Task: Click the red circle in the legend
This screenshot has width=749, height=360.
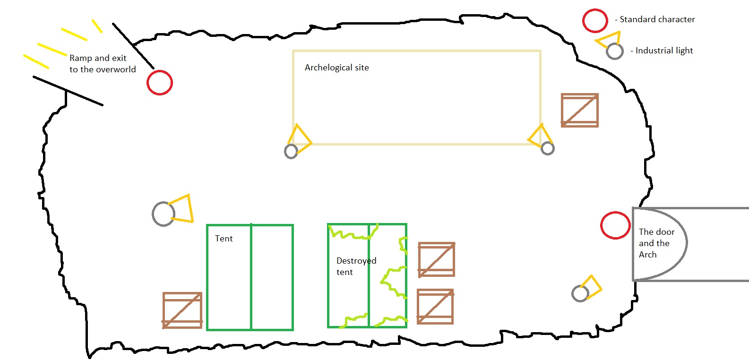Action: pyautogui.click(x=595, y=21)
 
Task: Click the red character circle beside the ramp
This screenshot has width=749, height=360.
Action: pyautogui.click(x=160, y=83)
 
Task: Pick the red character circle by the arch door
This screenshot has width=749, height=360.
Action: pyautogui.click(x=615, y=225)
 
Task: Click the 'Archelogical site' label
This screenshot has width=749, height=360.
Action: pyautogui.click(x=337, y=68)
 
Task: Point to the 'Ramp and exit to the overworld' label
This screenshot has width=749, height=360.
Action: pyautogui.click(x=103, y=64)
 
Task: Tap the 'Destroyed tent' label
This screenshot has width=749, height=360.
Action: pyautogui.click(x=356, y=266)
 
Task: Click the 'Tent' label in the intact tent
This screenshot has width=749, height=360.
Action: pyautogui.click(x=224, y=239)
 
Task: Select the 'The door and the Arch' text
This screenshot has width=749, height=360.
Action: pyautogui.click(x=656, y=243)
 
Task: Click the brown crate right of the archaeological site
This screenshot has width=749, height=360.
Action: pyautogui.click(x=580, y=110)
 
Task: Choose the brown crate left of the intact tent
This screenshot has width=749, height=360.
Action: pyautogui.click(x=182, y=310)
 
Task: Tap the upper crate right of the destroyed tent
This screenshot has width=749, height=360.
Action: pyautogui.click(x=437, y=259)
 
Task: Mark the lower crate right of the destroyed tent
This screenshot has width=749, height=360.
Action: pyautogui.click(x=435, y=307)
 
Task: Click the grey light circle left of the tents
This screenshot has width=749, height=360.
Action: pyautogui.click(x=164, y=214)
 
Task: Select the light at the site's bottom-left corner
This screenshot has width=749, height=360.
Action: pyautogui.click(x=291, y=151)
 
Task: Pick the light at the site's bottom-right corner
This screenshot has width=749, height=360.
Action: pyautogui.click(x=548, y=148)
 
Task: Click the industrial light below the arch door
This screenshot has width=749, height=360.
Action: pyautogui.click(x=580, y=293)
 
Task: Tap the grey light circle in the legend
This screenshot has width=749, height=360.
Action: pyautogui.click(x=615, y=51)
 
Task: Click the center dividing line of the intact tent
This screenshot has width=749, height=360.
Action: pyautogui.click(x=251, y=277)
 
